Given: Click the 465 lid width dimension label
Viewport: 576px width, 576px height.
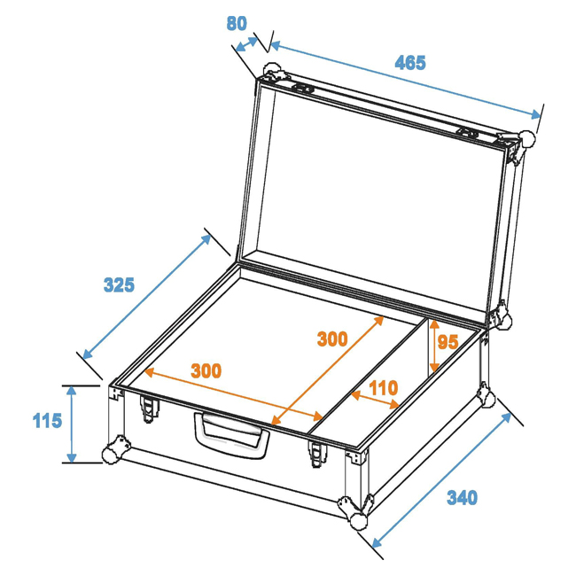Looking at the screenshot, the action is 410,63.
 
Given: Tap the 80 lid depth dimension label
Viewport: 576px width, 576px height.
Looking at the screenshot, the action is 237,24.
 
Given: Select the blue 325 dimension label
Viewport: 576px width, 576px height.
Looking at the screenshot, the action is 119,285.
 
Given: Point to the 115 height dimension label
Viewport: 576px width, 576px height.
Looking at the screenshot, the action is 47,421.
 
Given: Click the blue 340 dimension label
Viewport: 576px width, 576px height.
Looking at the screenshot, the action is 462,498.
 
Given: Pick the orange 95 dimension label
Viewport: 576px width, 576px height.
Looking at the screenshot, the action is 448,342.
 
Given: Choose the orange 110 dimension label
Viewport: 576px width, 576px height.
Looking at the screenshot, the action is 384,388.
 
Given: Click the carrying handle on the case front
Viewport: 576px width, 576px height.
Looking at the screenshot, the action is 231,434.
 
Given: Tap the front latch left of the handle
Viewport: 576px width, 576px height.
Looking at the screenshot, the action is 150,409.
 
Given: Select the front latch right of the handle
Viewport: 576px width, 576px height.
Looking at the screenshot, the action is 318,454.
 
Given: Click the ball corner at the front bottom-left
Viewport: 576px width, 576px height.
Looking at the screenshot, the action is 111,454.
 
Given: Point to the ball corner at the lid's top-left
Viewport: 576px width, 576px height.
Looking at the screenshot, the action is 271,70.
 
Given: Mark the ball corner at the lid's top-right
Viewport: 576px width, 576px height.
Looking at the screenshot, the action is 526,140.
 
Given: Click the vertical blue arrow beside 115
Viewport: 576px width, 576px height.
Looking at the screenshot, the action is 72,424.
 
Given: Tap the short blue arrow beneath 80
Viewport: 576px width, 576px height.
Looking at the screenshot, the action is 247,44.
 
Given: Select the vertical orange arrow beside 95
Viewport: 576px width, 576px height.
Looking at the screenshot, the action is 434,346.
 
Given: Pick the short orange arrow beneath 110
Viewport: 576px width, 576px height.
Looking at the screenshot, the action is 375,400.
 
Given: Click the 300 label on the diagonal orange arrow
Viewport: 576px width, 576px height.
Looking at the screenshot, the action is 332,339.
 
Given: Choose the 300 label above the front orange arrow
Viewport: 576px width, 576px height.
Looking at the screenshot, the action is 206,371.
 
